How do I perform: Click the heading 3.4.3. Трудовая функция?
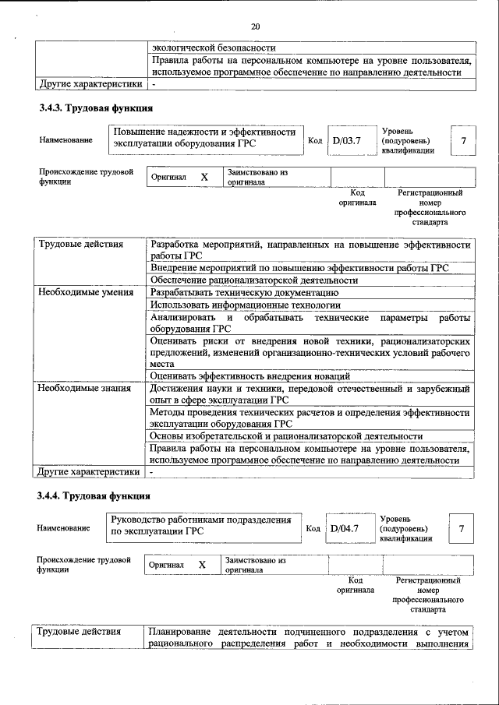(x=96, y=108)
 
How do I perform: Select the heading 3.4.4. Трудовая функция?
(x=96, y=495)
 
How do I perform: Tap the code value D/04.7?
(x=344, y=530)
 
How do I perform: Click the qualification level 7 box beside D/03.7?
(x=463, y=141)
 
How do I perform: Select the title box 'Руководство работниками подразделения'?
(x=202, y=526)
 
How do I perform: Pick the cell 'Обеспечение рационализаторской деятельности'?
(x=254, y=280)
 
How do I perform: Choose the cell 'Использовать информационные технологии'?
(x=246, y=305)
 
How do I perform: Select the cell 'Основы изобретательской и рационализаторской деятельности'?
(x=286, y=436)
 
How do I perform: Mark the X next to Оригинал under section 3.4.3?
(x=204, y=177)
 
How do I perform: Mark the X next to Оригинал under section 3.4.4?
(x=201, y=564)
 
